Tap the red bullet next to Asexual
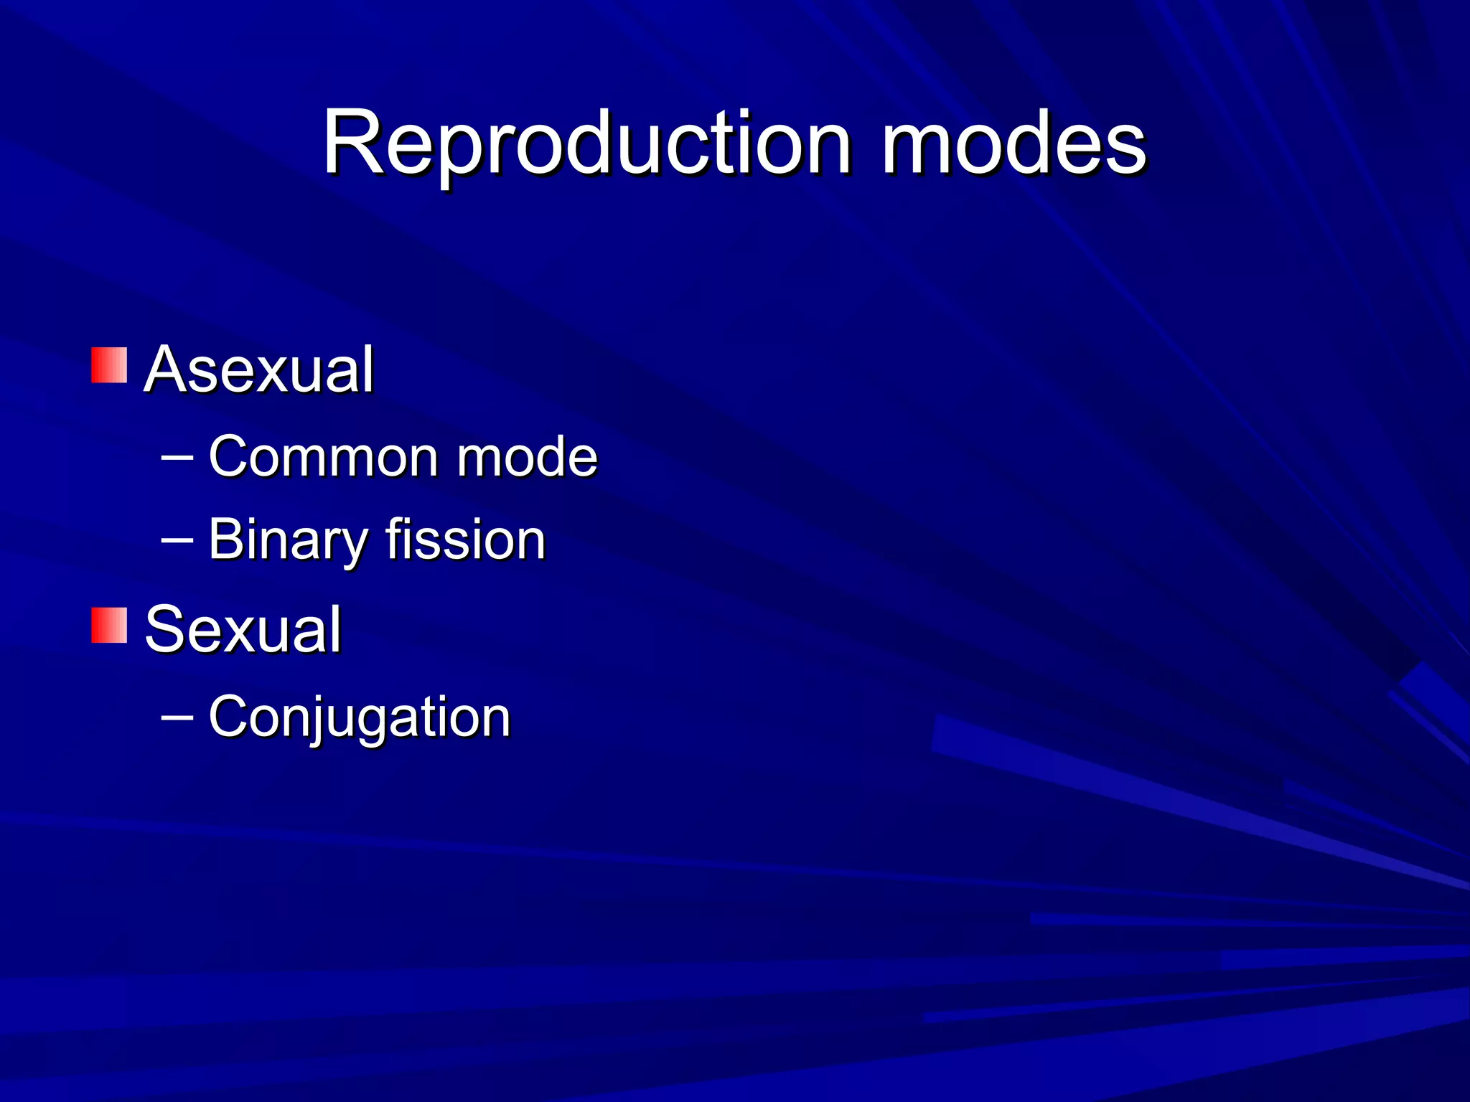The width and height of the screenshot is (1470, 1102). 109,365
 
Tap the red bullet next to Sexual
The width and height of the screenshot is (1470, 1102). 109,625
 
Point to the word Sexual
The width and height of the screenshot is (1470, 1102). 243,629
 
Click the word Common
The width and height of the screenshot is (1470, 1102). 322,456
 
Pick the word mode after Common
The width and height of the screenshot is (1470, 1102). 527,456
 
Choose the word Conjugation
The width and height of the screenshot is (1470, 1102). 359,716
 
